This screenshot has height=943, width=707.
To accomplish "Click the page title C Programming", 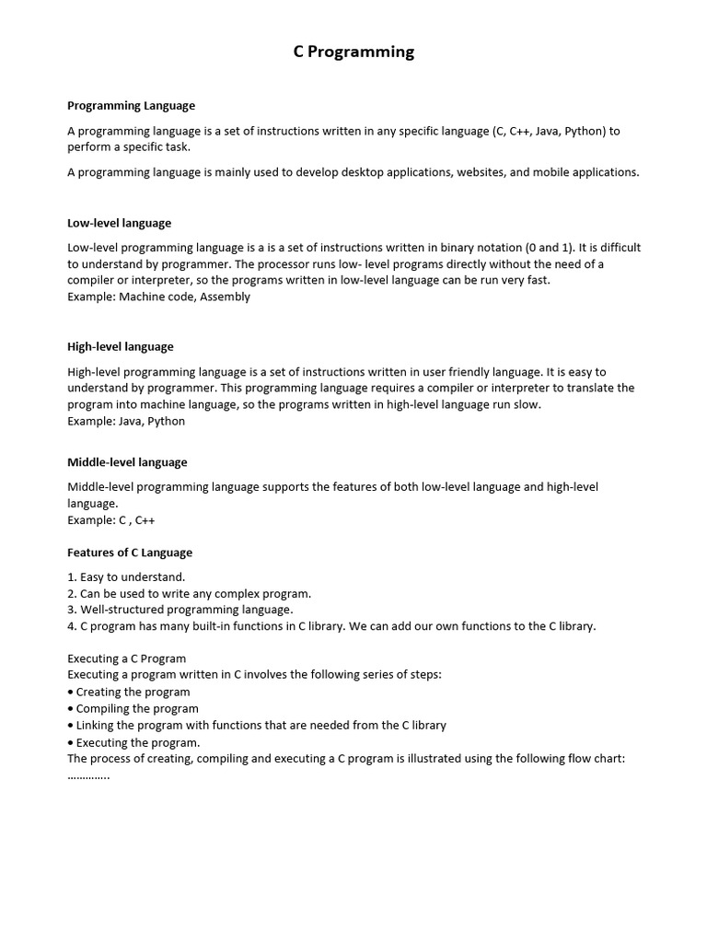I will [x=353, y=52].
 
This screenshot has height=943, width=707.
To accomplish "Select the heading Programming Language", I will [x=131, y=106].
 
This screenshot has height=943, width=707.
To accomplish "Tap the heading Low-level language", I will [x=119, y=223].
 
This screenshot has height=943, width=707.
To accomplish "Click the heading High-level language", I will [x=120, y=347].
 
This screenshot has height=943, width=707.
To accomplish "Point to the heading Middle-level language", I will [x=127, y=462].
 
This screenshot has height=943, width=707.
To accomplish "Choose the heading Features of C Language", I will [x=130, y=553].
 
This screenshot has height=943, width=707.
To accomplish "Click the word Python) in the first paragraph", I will [x=585, y=131].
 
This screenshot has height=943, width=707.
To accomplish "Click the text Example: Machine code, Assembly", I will [x=158, y=297].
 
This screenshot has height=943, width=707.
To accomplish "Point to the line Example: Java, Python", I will [x=126, y=421].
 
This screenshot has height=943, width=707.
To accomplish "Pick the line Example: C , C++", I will [x=111, y=520].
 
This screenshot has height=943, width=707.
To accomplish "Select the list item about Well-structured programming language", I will [x=180, y=610].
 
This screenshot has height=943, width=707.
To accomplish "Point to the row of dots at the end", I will [x=88, y=775].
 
